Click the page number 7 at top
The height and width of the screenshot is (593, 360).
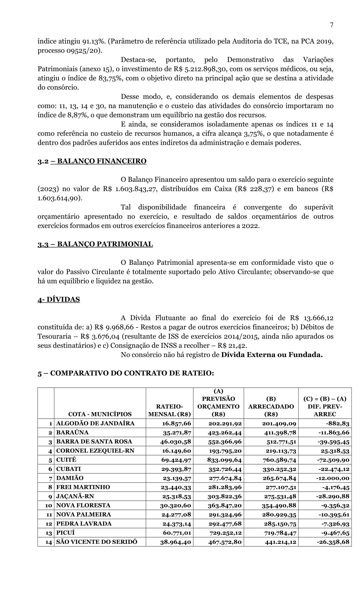coord(331,25)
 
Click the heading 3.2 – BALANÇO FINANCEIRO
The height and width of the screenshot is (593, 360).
coord(92,161)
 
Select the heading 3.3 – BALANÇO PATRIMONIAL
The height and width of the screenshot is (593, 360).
coord(95,244)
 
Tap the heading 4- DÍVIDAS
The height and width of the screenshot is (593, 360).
coord(59,299)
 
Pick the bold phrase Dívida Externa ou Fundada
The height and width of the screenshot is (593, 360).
coord(272,355)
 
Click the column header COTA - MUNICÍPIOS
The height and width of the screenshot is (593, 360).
coord(100,414)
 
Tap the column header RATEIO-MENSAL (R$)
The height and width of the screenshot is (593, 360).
coord(170,410)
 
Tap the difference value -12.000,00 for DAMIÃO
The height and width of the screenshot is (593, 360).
coord(332,478)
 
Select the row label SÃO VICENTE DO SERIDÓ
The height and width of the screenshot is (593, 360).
coord(97,542)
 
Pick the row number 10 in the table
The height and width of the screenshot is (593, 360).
coord(49,505)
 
